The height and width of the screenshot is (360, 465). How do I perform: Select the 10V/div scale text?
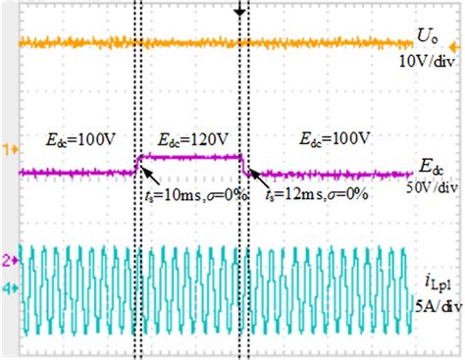coord(427,62)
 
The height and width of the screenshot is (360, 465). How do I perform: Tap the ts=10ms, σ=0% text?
coord(194,195)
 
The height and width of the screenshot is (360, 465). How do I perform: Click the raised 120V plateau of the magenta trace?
coord(191,156)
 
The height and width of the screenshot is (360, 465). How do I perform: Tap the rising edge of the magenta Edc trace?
coord(138,164)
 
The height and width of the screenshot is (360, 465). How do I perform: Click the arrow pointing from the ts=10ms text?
coord(150,178)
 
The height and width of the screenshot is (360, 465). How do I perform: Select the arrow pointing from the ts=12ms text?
coord(258,178)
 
